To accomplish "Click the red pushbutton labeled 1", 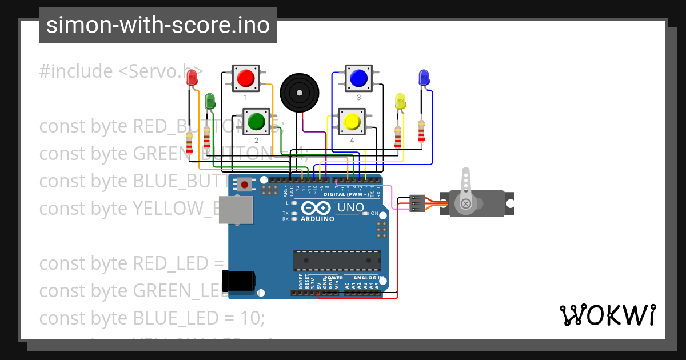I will (246, 78).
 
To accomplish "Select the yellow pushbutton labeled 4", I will (352, 122).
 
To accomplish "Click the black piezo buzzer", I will (299, 92).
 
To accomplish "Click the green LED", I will (210, 102).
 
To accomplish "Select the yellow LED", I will (400, 102).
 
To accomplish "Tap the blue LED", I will (423, 78).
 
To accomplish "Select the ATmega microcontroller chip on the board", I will (337, 260).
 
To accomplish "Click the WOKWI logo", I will (607, 315).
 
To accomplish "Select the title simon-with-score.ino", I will (158, 26).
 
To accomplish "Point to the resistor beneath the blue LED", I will (421, 131).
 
